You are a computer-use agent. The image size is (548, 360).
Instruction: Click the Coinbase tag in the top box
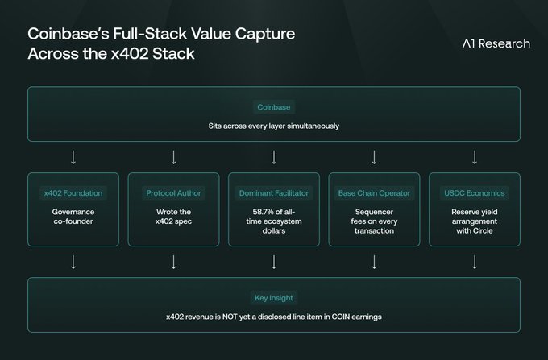click(274, 106)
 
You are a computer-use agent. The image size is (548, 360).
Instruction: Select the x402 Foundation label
click(73, 193)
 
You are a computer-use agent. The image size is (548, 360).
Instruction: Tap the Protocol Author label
click(173, 193)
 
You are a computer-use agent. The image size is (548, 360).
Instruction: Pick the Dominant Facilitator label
click(274, 193)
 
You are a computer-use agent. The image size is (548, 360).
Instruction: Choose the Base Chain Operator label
click(374, 193)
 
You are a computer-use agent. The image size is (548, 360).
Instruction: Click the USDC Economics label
click(475, 193)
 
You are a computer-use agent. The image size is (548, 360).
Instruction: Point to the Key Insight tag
click(274, 298)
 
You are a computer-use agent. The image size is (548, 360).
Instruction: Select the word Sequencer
click(374, 212)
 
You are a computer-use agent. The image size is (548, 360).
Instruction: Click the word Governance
click(73, 212)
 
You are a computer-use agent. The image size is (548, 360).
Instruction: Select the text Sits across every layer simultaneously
click(274, 126)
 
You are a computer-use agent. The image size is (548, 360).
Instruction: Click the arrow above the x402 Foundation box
click(73, 156)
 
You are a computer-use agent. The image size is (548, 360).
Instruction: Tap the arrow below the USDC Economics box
click(475, 261)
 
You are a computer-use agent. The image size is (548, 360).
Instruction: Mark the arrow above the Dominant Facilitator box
click(274, 156)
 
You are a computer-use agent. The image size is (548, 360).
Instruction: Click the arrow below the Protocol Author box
click(173, 261)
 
